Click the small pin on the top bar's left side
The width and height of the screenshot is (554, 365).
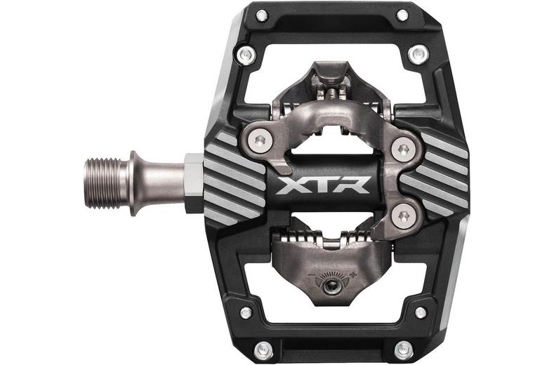262,15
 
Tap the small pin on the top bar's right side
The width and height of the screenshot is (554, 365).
402,15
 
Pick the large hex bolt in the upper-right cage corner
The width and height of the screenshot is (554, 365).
420,53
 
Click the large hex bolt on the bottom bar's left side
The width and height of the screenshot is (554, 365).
262,347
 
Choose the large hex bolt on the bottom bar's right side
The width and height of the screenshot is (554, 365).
402,347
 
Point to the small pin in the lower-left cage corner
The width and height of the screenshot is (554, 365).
245,312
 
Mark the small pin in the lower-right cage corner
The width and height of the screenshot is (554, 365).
419,312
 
